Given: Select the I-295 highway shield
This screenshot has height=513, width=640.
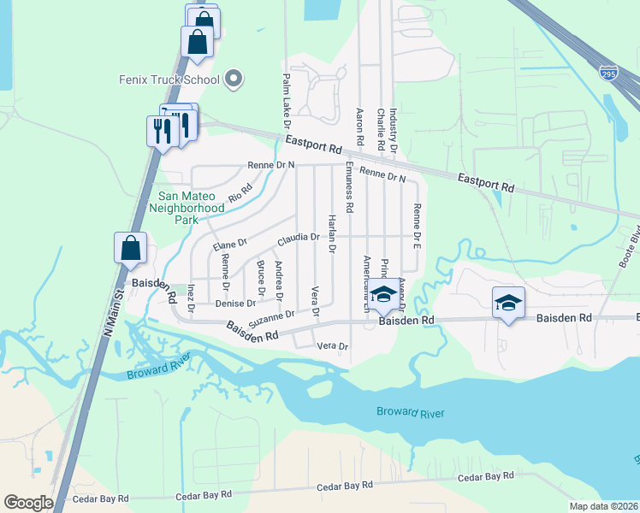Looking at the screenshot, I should click(x=608, y=74).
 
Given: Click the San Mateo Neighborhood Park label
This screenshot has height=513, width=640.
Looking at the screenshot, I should click(x=187, y=207).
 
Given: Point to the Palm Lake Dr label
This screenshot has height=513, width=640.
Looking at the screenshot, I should click(x=286, y=96).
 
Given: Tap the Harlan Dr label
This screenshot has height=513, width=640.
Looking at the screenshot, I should click(x=332, y=233).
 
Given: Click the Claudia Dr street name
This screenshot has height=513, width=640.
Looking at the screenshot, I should click(x=298, y=238).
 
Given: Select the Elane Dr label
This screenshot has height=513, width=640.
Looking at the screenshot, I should click(x=229, y=245).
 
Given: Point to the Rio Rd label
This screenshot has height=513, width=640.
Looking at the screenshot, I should click(x=240, y=193).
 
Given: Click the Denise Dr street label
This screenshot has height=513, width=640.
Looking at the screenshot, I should click(x=236, y=304).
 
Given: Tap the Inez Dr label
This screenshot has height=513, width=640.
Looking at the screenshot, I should click(x=192, y=294).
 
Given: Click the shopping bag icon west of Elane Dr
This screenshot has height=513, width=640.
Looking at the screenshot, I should click(x=131, y=249).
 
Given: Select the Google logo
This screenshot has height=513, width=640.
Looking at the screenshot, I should click(x=28, y=503).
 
